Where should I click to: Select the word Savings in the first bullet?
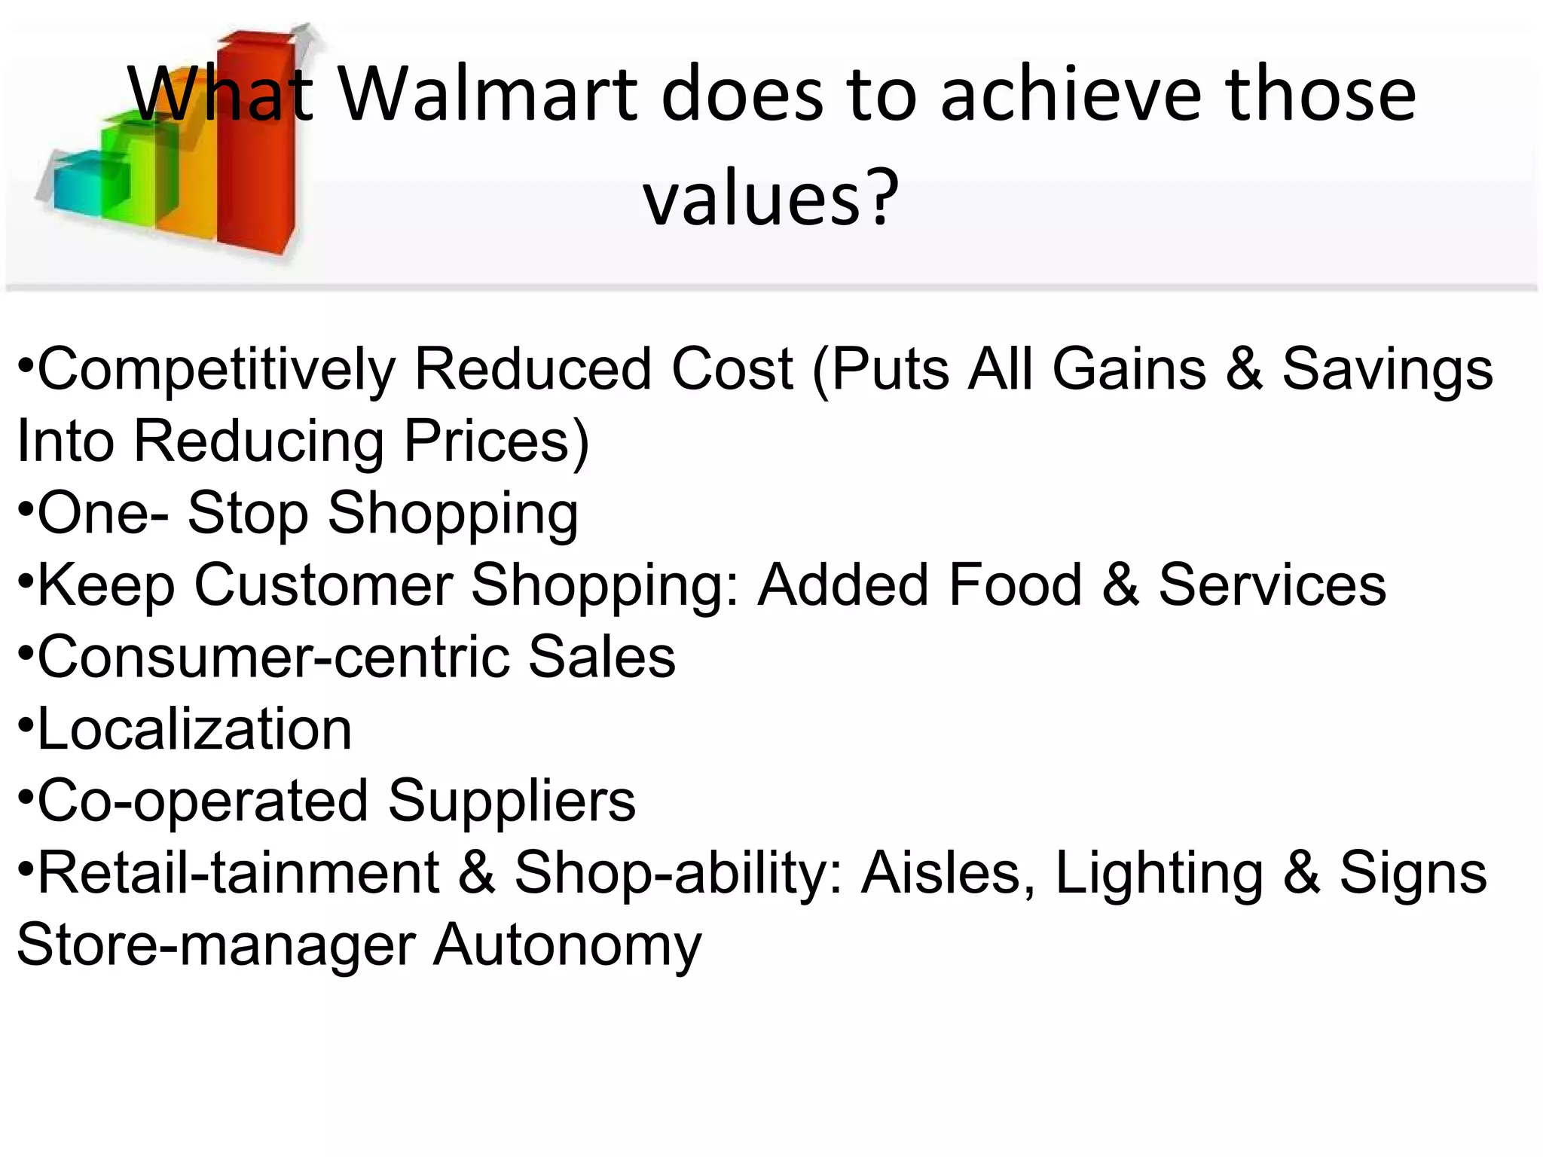tap(1387, 369)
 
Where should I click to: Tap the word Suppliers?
tap(512, 801)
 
